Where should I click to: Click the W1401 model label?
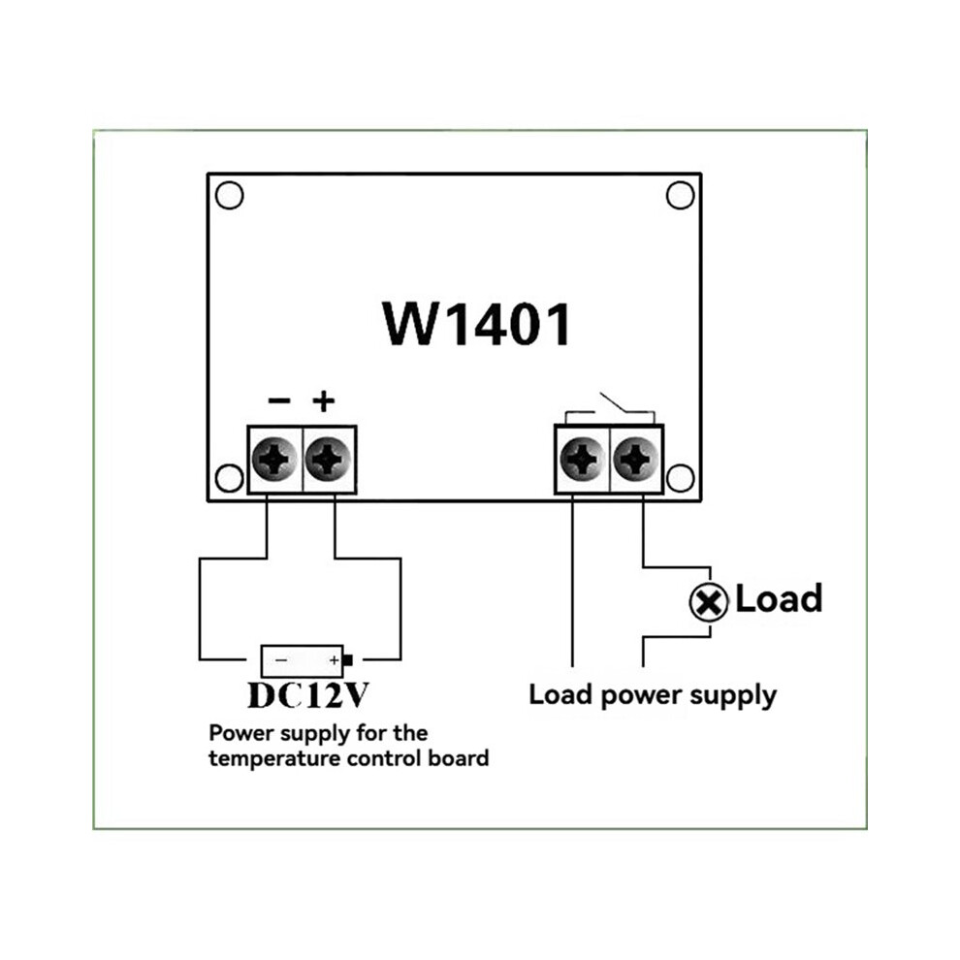point(477,324)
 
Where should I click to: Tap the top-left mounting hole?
point(230,195)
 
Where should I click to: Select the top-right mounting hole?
point(680,195)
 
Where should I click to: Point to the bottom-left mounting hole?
point(230,478)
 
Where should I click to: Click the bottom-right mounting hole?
point(680,478)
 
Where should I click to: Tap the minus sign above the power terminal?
point(279,401)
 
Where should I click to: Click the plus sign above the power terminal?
point(324,401)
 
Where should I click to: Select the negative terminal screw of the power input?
point(274,459)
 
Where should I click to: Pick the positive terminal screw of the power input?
point(328,459)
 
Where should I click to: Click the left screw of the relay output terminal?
point(583,459)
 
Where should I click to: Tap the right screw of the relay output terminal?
point(636,459)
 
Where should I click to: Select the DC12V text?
point(308,695)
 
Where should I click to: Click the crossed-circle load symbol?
point(709,602)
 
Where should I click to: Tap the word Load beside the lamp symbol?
point(778,598)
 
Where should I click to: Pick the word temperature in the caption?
point(274,759)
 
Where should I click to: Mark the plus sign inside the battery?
point(335,660)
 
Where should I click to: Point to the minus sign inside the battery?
point(281,660)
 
